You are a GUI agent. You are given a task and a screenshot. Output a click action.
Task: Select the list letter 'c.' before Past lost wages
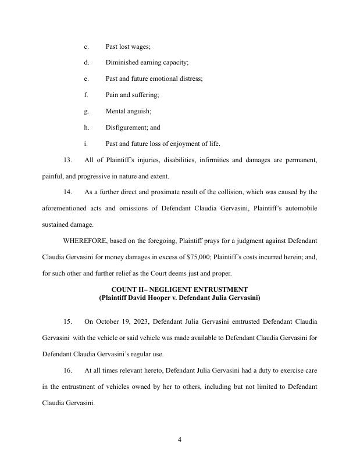pos(86,46)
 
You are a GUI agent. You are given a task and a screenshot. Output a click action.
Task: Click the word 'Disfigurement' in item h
pos(126,127)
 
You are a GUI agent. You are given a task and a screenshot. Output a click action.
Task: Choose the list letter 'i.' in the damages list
pos(85,144)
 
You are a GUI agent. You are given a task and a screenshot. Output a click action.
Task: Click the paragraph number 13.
pos(67,159)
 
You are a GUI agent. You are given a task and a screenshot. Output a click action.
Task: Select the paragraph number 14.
pos(67,191)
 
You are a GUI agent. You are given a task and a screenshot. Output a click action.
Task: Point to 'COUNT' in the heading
pos(124,289)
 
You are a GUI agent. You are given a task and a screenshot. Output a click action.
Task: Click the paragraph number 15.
pos(67,321)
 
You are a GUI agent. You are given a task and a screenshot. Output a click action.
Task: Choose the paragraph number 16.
pos(67,370)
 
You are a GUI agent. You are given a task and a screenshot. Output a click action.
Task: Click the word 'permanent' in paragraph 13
pos(301,159)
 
